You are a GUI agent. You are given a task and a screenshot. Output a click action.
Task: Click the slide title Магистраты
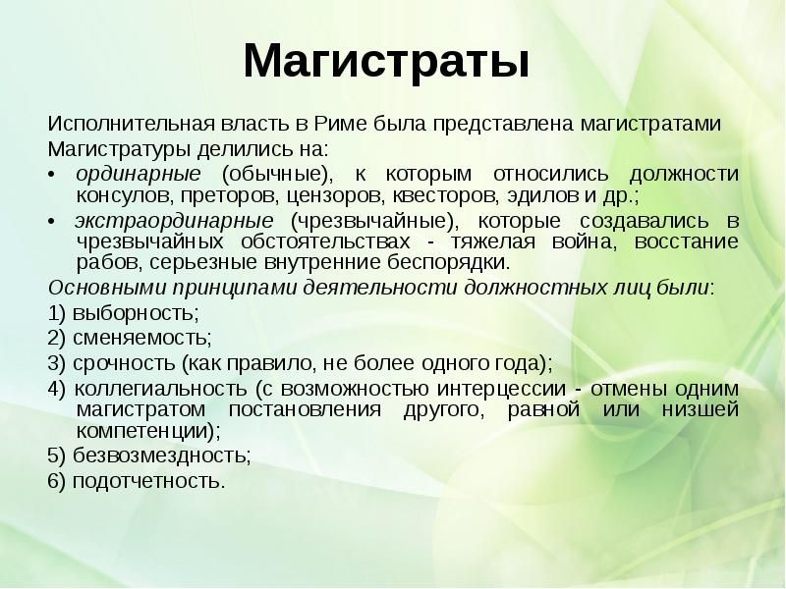point(386,61)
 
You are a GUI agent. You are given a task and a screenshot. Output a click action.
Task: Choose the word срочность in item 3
point(120,362)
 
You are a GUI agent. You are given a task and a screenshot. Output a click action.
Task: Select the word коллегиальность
point(157,388)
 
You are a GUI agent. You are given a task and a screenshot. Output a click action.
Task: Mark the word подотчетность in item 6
point(146,481)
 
